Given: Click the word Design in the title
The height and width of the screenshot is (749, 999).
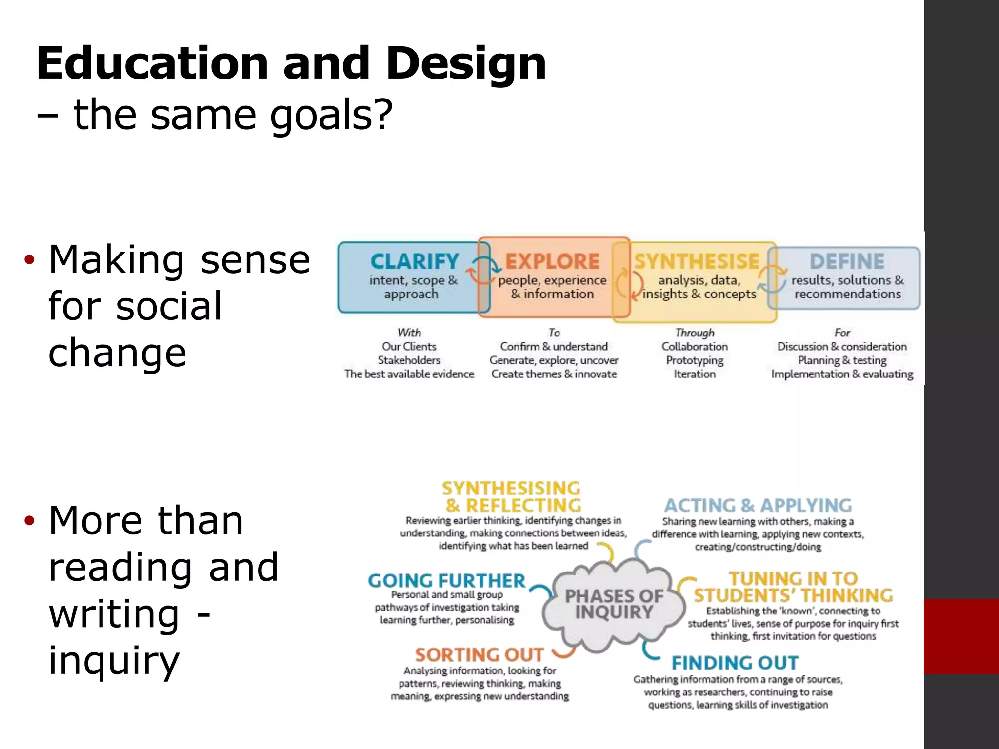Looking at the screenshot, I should pyautogui.click(x=466, y=64).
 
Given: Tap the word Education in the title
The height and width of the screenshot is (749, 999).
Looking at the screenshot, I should pyautogui.click(x=152, y=63).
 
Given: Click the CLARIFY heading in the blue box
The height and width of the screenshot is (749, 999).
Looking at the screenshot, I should pyautogui.click(x=415, y=261).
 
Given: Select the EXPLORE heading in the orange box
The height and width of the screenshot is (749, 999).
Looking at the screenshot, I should pyautogui.click(x=552, y=261).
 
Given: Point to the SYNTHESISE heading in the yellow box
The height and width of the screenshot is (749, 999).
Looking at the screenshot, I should pyautogui.click(x=697, y=261).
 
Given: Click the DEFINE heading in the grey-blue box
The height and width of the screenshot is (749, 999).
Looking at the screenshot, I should pyautogui.click(x=847, y=261).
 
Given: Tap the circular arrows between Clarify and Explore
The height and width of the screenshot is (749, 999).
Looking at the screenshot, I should pyautogui.click(x=482, y=271).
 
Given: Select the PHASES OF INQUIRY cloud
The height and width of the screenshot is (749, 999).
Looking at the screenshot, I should pyautogui.click(x=614, y=604).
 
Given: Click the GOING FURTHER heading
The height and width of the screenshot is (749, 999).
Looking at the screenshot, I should pyautogui.click(x=446, y=581).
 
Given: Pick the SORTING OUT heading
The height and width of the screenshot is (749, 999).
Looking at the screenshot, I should pyautogui.click(x=479, y=654).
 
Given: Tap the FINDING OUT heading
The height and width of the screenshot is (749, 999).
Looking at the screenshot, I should pyautogui.click(x=735, y=663).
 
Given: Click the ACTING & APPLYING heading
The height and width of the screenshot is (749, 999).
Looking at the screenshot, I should pyautogui.click(x=758, y=505).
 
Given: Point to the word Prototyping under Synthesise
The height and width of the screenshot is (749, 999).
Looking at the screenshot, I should pyautogui.click(x=695, y=360).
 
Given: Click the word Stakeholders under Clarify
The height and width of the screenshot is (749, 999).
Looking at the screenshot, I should pyautogui.click(x=409, y=360).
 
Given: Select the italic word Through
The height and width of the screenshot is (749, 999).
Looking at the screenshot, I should pyautogui.click(x=695, y=333).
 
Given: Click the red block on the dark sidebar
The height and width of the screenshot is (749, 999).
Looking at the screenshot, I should pyautogui.click(x=961, y=636).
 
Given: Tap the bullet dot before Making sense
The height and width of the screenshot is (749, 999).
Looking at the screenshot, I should pyautogui.click(x=30, y=259).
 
